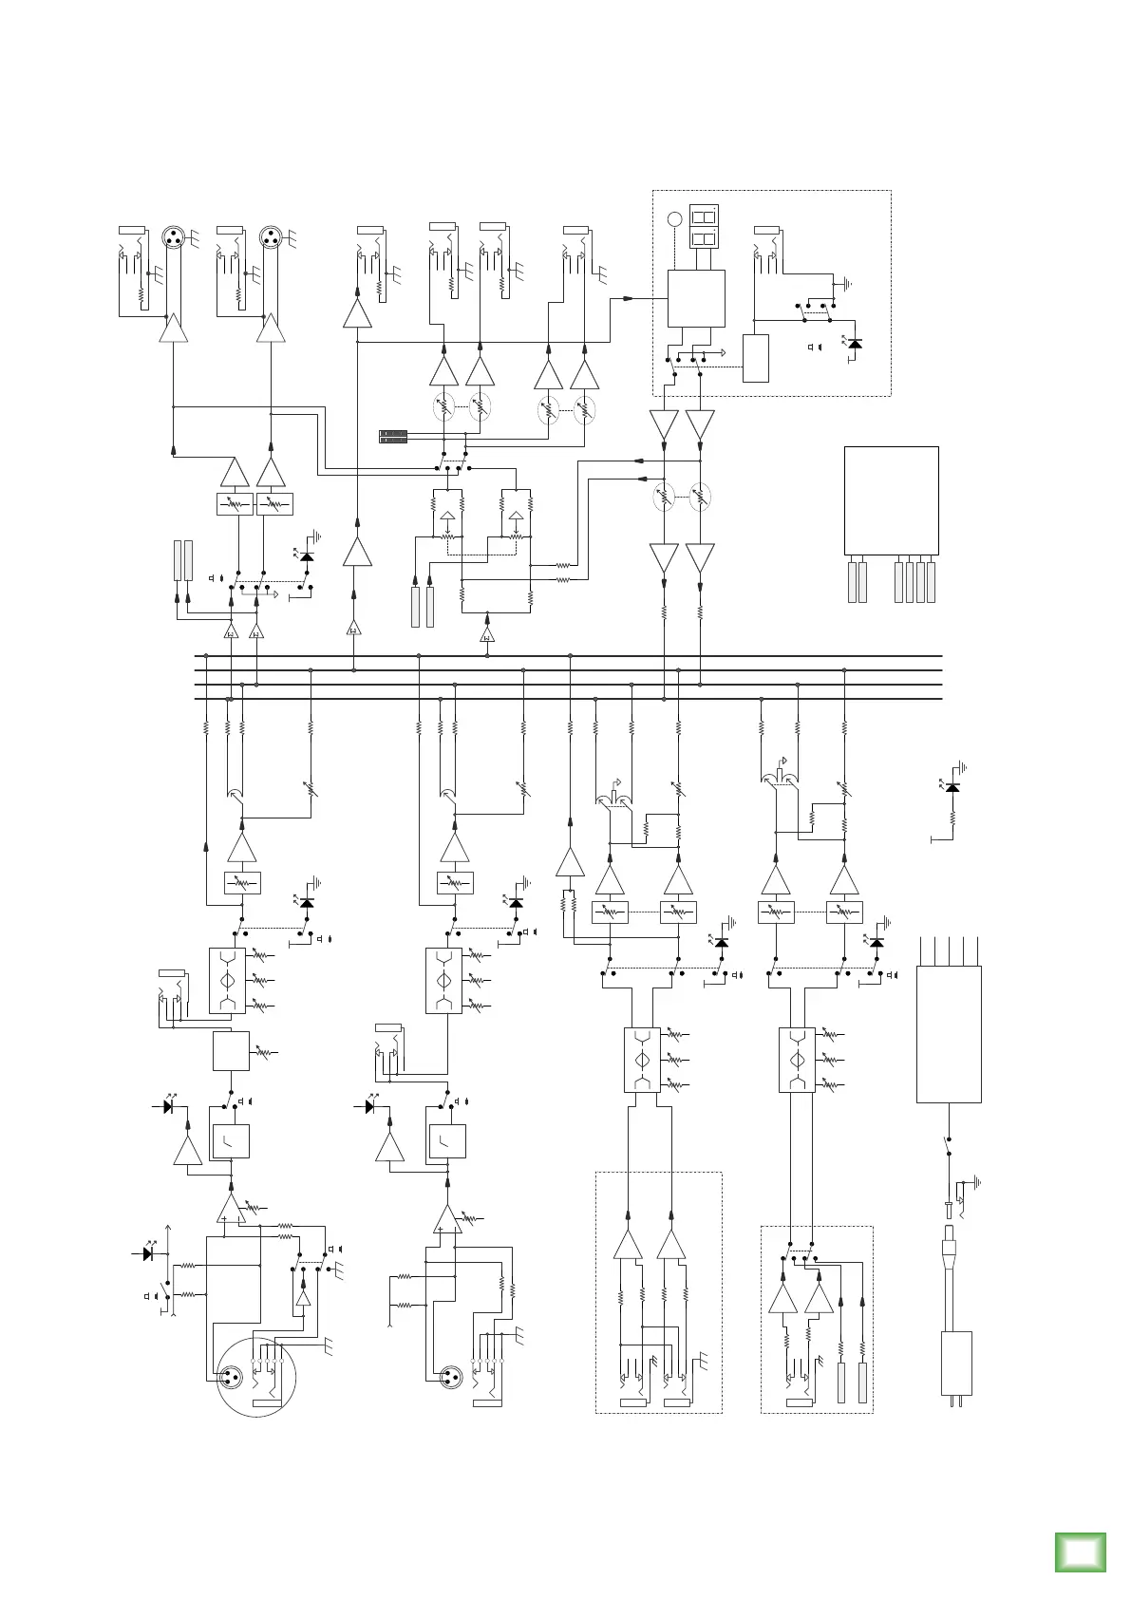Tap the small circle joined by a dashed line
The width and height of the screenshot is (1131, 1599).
[x=674, y=219]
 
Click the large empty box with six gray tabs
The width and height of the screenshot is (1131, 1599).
[x=891, y=500]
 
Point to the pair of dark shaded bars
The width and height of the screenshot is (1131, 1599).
[x=393, y=437]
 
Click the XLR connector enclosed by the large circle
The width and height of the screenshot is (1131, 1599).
[x=230, y=1377]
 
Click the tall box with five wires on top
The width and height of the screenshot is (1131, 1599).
[x=948, y=1034]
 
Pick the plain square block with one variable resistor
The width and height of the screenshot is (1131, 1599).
[x=231, y=1051]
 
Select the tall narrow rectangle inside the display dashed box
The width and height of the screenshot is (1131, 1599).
[x=755, y=358]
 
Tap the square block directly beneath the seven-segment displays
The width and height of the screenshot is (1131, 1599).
[x=696, y=298]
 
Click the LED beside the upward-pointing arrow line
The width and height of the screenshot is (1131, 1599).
[x=148, y=1253]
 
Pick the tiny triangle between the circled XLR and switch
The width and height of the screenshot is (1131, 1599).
[x=302, y=1299]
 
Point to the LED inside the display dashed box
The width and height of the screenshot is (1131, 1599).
[x=855, y=344]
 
